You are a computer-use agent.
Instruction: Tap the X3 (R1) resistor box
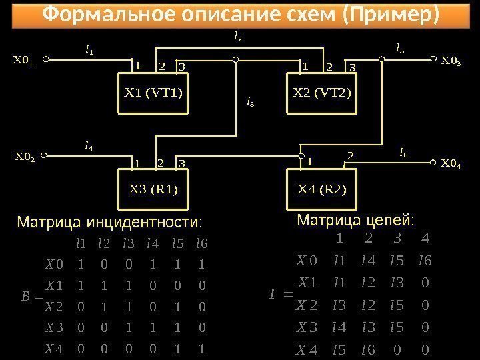tap(153, 189)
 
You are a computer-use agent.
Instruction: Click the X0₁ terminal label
tap(23, 60)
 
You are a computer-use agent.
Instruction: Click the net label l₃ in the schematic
tap(251, 102)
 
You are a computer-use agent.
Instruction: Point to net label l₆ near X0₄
tap(403, 153)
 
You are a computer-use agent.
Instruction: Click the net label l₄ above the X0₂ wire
tap(89, 144)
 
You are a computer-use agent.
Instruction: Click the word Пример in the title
tap(389, 14)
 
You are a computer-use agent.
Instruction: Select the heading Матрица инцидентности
tap(109, 221)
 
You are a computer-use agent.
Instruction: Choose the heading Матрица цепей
tap(355, 219)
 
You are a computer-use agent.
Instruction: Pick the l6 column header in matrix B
tap(201, 243)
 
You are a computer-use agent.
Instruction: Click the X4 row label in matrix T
tap(307, 349)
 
